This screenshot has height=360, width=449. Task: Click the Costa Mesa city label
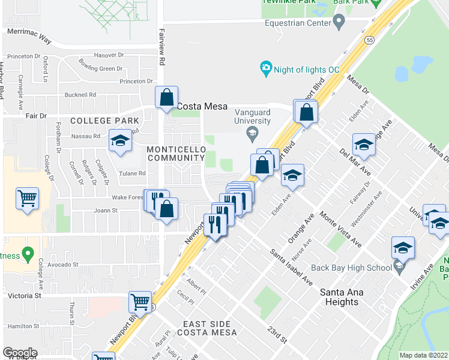coord(202,106)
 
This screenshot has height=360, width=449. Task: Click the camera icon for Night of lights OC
coord(265,69)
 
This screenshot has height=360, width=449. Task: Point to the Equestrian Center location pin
coord(339,23)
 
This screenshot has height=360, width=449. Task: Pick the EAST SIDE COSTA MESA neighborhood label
coord(210,328)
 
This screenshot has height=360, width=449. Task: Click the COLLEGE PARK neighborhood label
coord(104,121)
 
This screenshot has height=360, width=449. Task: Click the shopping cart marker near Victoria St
coord(140,303)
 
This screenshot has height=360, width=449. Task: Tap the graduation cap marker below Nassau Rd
coord(120,142)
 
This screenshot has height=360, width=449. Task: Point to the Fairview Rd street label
coord(161,48)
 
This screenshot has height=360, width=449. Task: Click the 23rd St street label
coord(277,335)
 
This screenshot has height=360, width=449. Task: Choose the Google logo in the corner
coord(20,353)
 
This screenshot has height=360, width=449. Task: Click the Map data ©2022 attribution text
coord(423,355)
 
